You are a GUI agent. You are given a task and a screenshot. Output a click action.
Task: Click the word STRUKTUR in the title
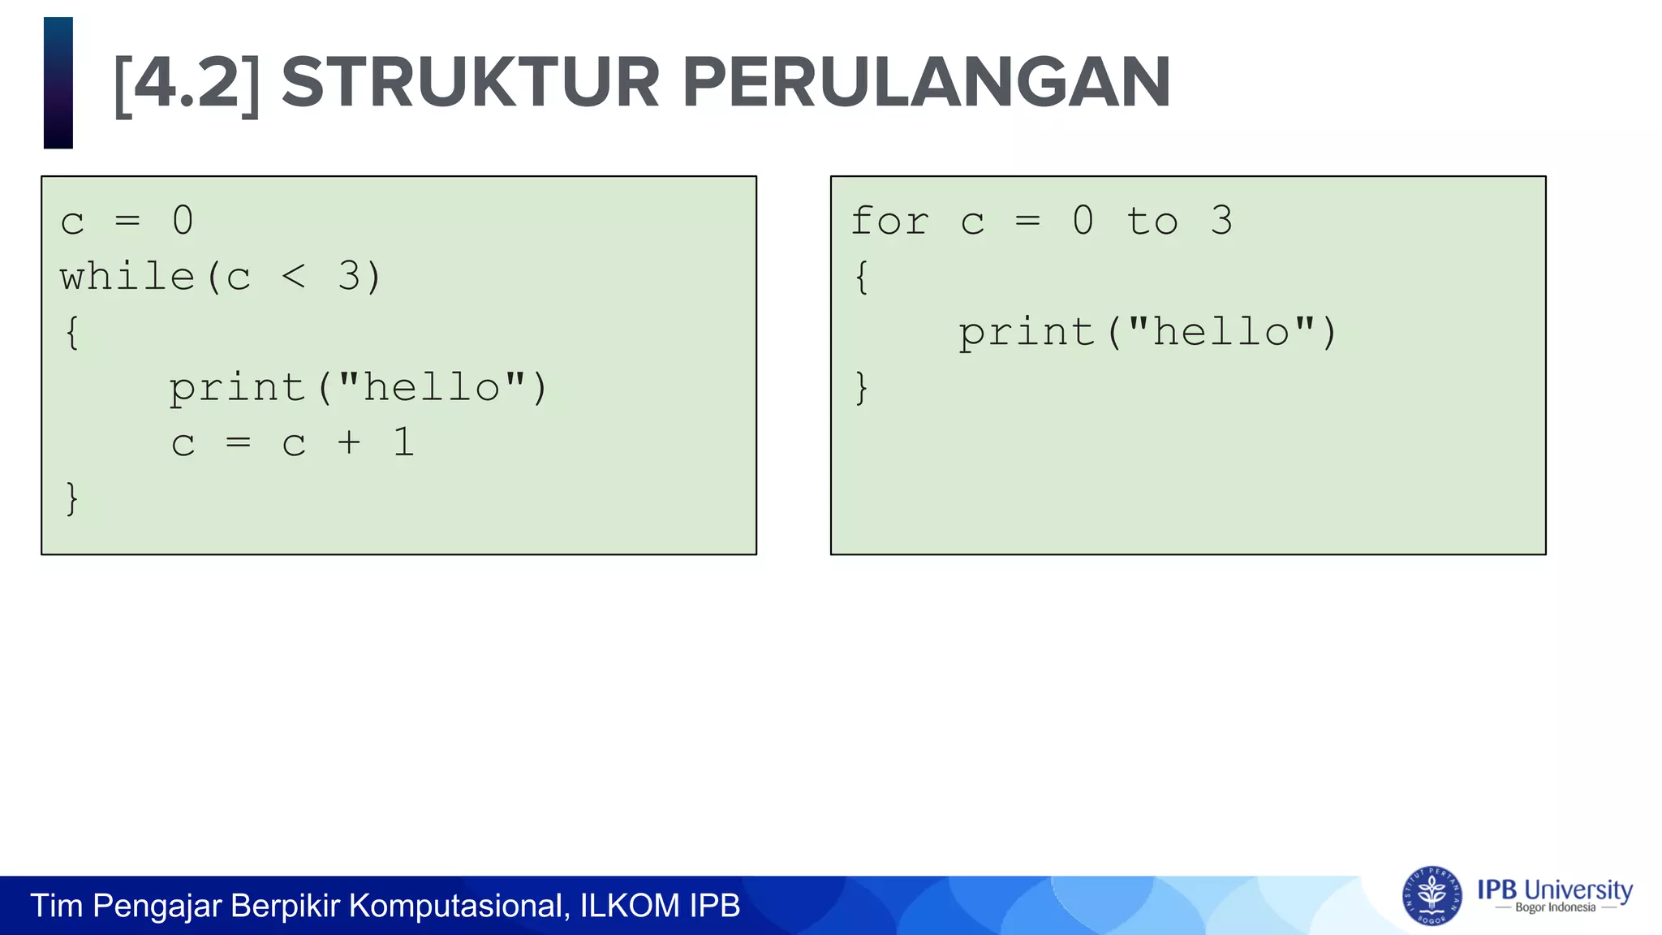click(x=470, y=83)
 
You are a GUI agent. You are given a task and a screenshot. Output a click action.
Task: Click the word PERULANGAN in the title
click(x=926, y=83)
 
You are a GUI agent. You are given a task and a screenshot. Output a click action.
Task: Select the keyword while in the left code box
click(x=127, y=277)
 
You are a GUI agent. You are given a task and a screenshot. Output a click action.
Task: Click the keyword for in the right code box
click(x=889, y=222)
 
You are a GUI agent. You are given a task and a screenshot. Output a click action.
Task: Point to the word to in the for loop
click(x=1152, y=222)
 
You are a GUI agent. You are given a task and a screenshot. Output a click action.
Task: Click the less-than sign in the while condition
click(x=294, y=277)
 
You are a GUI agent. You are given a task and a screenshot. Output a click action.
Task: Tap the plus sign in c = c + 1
click(x=349, y=443)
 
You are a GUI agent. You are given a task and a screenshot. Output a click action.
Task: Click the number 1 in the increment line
click(x=404, y=443)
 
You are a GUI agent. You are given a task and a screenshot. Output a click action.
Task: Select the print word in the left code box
click(x=237, y=388)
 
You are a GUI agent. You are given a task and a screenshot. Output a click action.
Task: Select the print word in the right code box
click(x=1027, y=333)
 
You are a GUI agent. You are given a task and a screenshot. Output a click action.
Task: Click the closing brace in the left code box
click(x=72, y=498)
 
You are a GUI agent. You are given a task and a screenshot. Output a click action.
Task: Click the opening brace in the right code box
click(x=862, y=278)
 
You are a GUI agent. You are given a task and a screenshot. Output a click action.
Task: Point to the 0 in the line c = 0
click(x=183, y=222)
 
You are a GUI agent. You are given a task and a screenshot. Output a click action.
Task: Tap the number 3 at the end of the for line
click(x=1221, y=222)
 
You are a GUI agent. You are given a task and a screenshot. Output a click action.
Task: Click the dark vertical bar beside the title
click(x=58, y=83)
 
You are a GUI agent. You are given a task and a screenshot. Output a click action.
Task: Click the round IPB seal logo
click(x=1432, y=896)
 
